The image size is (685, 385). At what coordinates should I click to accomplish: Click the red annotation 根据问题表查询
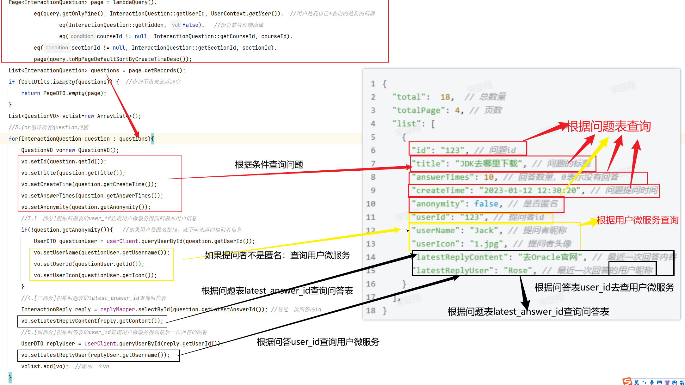pos(608,126)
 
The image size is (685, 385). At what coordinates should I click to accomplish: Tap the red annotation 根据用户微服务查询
pos(637,220)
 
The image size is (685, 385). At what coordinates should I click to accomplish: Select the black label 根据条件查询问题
pos(269,165)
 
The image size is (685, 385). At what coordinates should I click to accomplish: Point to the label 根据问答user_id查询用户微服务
pos(318,342)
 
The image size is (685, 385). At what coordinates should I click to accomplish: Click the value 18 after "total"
pos(445,97)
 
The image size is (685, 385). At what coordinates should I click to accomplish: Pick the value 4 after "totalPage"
pos(457,110)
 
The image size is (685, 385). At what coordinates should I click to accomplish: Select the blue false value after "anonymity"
pos(486,204)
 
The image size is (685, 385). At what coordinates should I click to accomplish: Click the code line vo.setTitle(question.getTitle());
pos(73,173)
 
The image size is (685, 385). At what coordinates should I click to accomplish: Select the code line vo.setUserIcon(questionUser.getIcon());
pos(95,275)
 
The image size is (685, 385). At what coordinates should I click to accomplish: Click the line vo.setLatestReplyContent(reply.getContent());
pos(92,321)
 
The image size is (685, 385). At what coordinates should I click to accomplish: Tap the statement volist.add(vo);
pos(45,366)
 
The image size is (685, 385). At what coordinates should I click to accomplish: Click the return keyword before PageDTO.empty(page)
pos(30,93)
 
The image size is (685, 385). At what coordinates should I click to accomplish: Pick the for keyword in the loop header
pos(13,139)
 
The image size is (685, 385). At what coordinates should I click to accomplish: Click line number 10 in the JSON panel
pos(371,204)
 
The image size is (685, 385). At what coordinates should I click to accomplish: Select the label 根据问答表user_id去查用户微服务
pos(604,287)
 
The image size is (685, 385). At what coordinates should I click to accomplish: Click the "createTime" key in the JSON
pos(440,191)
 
